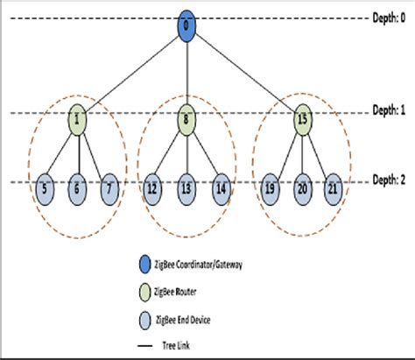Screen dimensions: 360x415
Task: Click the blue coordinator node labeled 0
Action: [186, 25]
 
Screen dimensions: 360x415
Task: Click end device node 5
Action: [45, 187]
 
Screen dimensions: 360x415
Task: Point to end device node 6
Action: [77, 187]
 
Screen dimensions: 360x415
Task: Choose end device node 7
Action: [109, 187]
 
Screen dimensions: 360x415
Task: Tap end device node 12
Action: [152, 187]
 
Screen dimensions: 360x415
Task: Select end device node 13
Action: [186, 187]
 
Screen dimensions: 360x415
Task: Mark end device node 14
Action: [219, 187]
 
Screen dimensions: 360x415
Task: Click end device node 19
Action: [270, 187]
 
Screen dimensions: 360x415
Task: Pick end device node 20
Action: [302, 187]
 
